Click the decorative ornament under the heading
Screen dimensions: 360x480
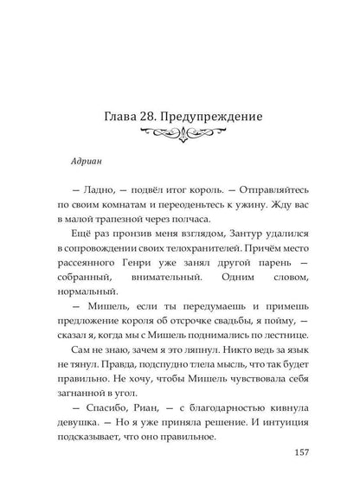179,134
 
